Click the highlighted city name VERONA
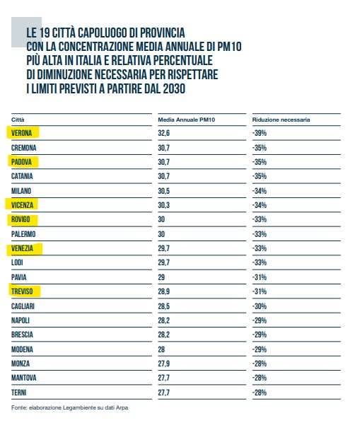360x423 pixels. (x=22, y=133)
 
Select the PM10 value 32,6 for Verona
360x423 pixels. (x=163, y=133)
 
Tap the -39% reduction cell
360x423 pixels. (x=260, y=133)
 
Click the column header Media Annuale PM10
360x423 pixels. (x=186, y=120)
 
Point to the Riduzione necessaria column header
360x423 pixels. (x=281, y=120)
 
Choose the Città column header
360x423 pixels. (x=18, y=120)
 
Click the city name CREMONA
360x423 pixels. (x=24, y=148)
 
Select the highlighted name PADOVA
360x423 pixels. (x=22, y=162)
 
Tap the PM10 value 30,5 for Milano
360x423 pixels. (x=163, y=191)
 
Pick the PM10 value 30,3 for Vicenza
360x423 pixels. (x=163, y=205)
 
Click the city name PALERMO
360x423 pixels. (x=23, y=234)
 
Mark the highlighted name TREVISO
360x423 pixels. (x=22, y=291)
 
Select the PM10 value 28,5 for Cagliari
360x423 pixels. (x=163, y=306)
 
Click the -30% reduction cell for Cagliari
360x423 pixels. (x=260, y=306)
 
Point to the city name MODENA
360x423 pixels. (x=22, y=349)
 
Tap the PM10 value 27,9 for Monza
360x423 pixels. (x=163, y=364)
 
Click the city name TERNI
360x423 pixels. (x=18, y=393)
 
